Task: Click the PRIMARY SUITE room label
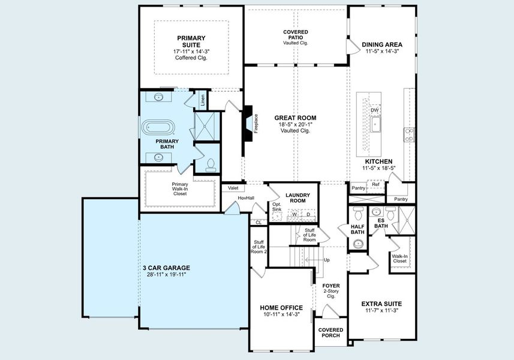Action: tap(191, 41)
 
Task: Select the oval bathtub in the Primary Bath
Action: tap(159, 128)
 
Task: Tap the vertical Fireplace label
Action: tap(256, 126)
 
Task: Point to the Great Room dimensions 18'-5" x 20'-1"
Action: tap(295, 124)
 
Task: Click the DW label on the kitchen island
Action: tap(374, 110)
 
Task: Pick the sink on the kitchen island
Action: tap(375, 125)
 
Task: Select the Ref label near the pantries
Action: tap(375, 184)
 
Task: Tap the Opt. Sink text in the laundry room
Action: tap(276, 207)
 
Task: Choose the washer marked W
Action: tap(294, 214)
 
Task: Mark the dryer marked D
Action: tap(308, 214)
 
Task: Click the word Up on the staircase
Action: tap(326, 260)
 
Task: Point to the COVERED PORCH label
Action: tap(331, 332)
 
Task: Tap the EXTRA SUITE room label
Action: tap(383, 304)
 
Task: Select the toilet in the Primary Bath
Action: tap(210, 164)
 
